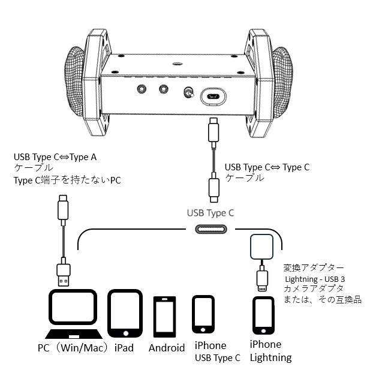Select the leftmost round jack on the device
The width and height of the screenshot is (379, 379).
[x=142, y=89]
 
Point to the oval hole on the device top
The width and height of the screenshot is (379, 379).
[x=177, y=62]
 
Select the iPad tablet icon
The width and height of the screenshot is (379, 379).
[x=125, y=314]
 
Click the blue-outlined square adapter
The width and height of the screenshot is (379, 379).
[x=261, y=248]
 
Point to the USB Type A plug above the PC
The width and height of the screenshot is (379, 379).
[x=64, y=274]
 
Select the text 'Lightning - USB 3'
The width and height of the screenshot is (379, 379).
[x=314, y=279]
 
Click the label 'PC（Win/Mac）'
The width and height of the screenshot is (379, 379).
[x=72, y=347]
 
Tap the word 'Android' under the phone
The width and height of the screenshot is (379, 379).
[x=166, y=348]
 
